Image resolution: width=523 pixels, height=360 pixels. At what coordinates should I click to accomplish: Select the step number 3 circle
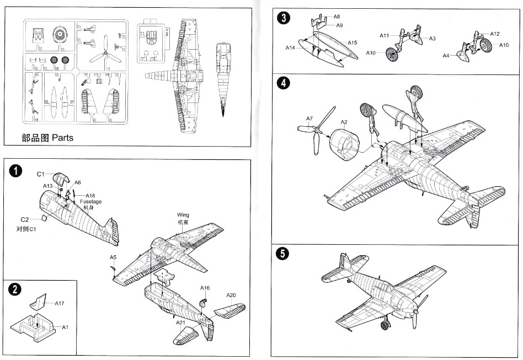click(283, 18)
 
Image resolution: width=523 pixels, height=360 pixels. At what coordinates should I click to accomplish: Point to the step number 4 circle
click(283, 83)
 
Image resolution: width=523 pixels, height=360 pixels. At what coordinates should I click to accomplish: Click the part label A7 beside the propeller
click(309, 119)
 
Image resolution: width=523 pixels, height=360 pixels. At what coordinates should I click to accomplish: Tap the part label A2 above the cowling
click(344, 122)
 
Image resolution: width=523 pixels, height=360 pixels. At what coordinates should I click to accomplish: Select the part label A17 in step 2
click(60, 303)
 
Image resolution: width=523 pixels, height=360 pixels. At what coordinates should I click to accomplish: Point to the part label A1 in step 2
click(65, 327)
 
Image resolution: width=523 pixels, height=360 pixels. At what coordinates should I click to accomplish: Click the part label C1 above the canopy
click(40, 175)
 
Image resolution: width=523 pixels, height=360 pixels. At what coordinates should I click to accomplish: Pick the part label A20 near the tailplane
click(231, 295)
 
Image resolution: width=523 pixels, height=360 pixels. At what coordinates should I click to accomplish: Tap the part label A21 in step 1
click(180, 323)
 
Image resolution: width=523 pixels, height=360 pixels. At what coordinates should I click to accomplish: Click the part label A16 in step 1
click(205, 288)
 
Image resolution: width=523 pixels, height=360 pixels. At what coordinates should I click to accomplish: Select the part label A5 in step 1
click(113, 257)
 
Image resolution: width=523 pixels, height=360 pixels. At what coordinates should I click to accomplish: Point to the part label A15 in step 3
click(353, 42)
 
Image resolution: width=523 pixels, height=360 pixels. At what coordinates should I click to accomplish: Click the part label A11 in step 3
click(385, 35)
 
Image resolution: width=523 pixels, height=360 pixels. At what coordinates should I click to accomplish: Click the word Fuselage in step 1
click(90, 202)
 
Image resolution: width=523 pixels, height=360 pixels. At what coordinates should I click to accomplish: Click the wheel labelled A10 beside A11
click(392, 54)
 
